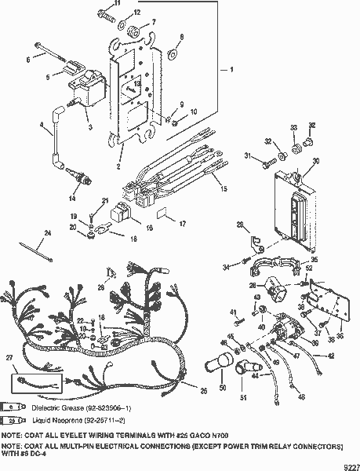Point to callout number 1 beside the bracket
coord(231,70)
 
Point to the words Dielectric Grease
coord(54,407)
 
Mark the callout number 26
coord(204,390)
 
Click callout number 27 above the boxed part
coord(10,357)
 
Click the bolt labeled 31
coord(271,166)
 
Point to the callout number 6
coord(30,59)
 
